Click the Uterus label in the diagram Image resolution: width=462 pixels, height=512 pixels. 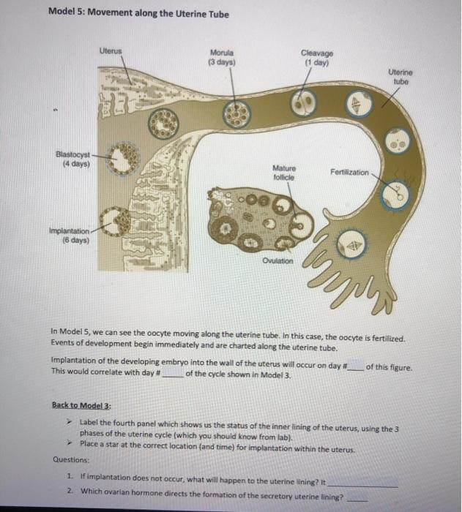[x=112, y=50]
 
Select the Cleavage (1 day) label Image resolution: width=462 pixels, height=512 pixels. [x=316, y=56]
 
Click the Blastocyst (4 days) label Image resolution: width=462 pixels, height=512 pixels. [x=73, y=159]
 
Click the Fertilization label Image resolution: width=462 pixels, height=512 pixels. [x=349, y=171]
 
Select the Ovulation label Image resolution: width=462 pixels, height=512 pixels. [x=277, y=260]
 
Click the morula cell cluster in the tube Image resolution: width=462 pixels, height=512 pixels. [x=236, y=114]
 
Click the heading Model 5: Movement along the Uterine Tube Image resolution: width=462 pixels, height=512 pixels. [x=138, y=14]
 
